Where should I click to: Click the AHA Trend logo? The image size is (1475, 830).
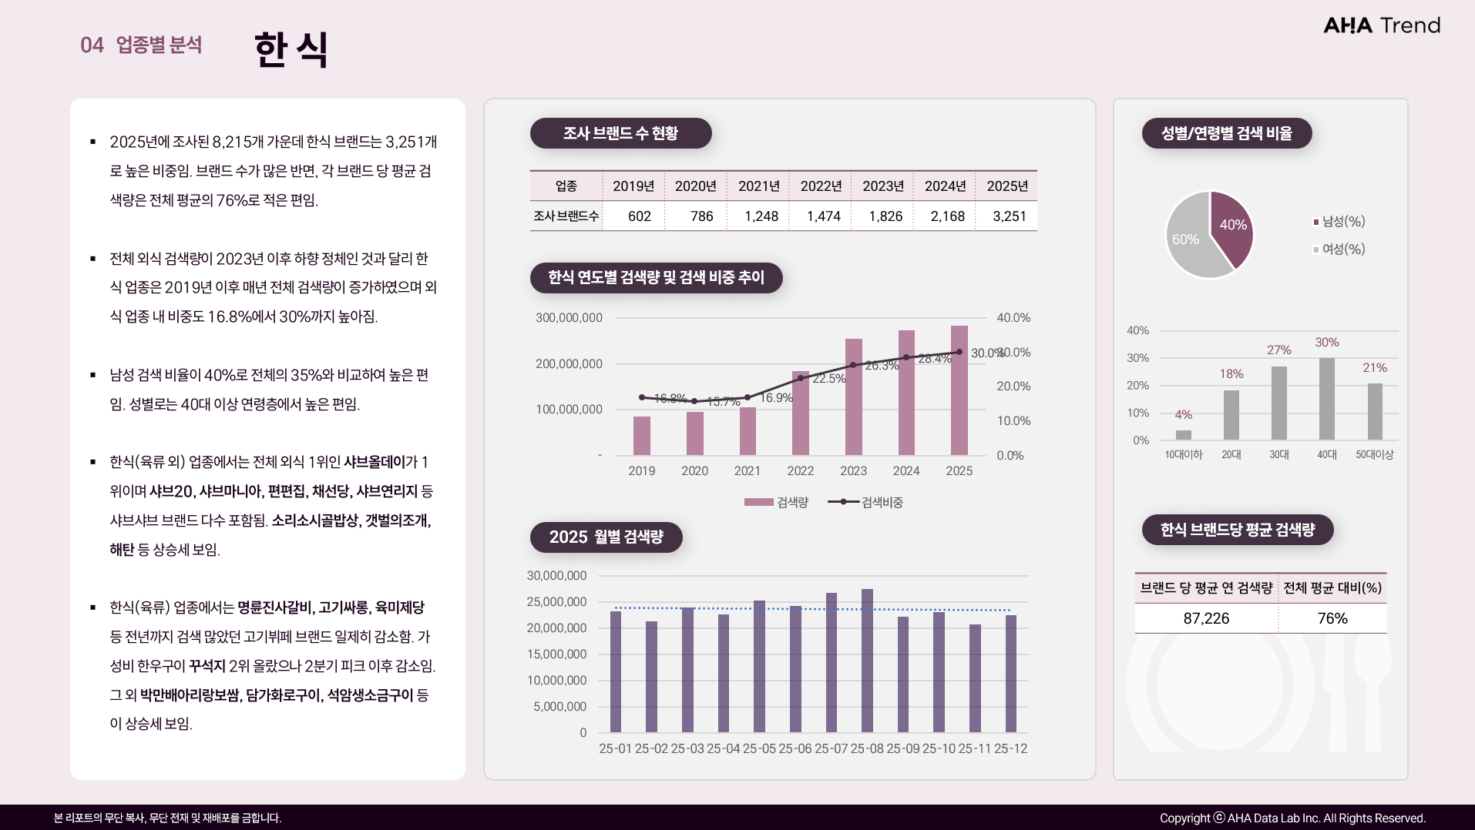(1381, 25)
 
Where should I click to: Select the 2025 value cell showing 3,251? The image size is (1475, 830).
(1009, 216)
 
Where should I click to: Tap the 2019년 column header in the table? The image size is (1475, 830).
(633, 186)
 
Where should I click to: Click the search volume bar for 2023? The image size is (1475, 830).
(853, 397)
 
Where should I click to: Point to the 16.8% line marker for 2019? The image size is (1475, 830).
(642, 397)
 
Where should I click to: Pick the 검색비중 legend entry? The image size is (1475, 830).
(865, 502)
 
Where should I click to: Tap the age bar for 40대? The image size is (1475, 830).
(1326, 399)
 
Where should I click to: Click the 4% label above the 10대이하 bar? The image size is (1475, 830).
(1183, 415)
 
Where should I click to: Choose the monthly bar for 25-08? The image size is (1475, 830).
(867, 661)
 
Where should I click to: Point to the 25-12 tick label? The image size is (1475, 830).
(1010, 748)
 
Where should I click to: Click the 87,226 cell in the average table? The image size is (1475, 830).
(1206, 618)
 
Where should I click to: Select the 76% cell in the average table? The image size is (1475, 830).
(1332, 618)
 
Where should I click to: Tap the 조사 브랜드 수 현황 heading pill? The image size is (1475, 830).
(620, 133)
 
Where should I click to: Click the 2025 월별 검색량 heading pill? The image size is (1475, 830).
(606, 537)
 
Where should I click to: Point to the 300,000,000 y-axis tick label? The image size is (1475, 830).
(569, 318)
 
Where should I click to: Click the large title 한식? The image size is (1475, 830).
(291, 49)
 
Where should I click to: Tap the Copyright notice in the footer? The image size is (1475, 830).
(1292, 818)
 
